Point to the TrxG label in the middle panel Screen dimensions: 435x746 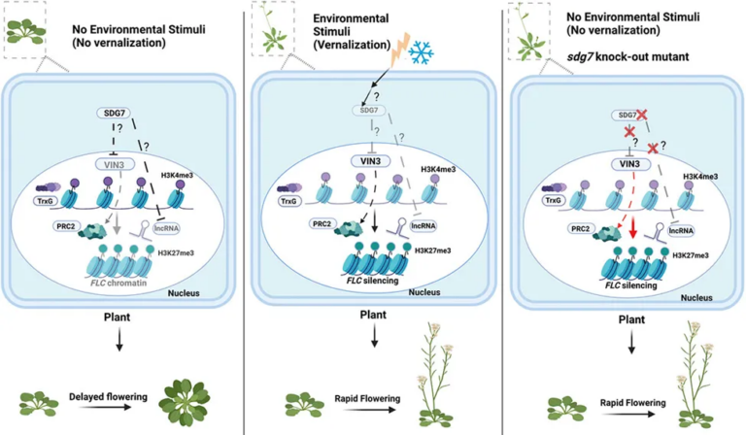coord(288,202)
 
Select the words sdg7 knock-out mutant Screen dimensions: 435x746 coord(622,57)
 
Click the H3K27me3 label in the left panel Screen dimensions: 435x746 coord(196,251)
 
